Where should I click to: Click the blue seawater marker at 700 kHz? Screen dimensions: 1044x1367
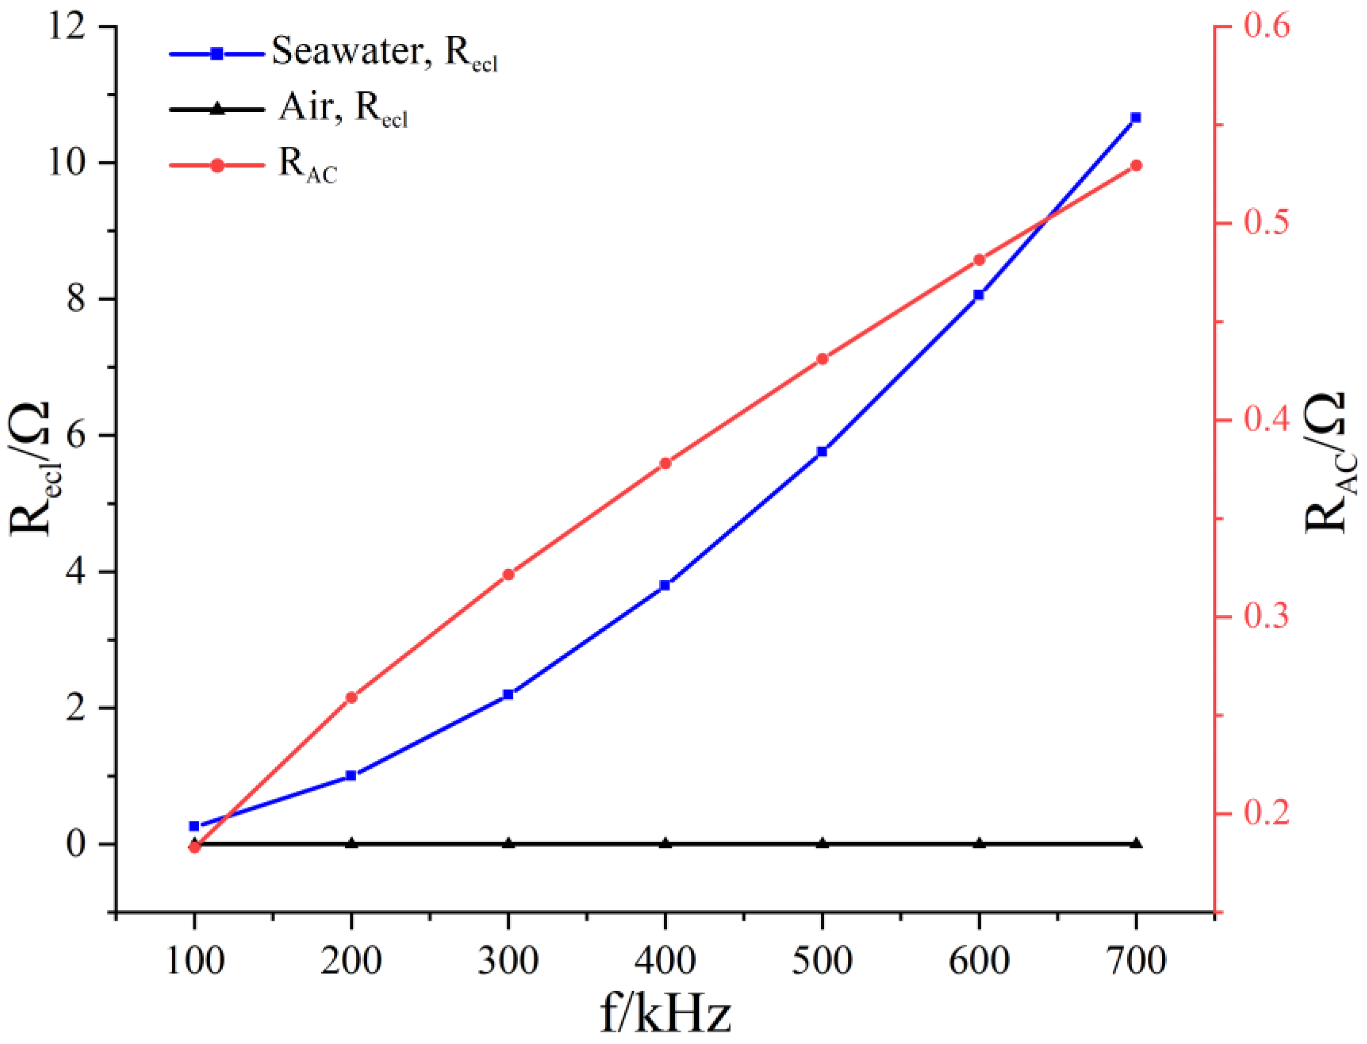tap(1136, 117)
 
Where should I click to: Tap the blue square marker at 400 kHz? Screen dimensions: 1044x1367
tap(665, 585)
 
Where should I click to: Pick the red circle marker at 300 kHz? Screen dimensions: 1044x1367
tap(508, 574)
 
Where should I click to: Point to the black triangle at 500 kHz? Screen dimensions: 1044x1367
tap(822, 843)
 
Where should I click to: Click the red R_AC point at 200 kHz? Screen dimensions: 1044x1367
tap(352, 697)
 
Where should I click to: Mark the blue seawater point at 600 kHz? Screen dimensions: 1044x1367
tap(979, 295)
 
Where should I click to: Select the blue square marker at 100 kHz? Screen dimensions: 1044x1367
tap(194, 826)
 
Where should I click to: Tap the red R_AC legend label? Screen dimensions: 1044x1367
tap(308, 165)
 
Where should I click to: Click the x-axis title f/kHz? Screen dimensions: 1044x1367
tap(665, 1013)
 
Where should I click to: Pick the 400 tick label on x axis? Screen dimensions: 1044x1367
tap(665, 960)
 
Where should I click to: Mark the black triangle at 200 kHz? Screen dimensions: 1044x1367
tap(352, 843)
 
